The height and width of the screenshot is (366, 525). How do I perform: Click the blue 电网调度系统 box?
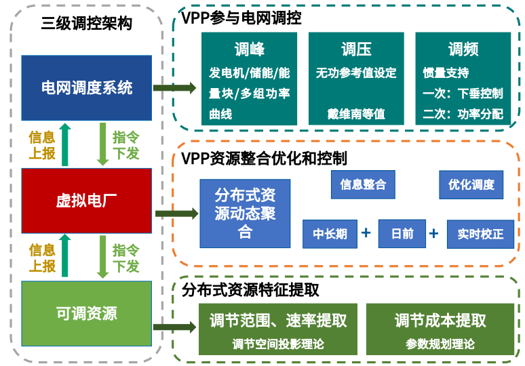[x=86, y=87]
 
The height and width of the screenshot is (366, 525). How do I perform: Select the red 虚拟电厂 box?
[x=86, y=201]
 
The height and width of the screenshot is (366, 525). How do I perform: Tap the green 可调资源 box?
[x=86, y=314]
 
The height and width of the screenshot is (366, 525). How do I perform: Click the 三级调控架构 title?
[x=86, y=24]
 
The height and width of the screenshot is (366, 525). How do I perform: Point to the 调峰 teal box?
[x=249, y=79]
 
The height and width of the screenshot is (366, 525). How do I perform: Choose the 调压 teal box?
[x=356, y=79]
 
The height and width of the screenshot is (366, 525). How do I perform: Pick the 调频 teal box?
[x=463, y=79]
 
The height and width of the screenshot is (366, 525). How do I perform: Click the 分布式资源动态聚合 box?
[x=245, y=213]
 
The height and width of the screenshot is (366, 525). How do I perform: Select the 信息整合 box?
[x=363, y=184]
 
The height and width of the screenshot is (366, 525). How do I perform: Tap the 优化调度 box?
[x=471, y=184]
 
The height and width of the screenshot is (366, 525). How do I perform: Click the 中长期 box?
[x=330, y=234]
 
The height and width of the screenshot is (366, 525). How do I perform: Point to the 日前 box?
[x=402, y=234]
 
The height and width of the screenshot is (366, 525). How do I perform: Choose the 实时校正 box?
[x=480, y=235]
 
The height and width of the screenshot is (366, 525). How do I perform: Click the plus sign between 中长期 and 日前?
[x=366, y=232]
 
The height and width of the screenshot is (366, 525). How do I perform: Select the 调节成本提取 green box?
[x=440, y=329]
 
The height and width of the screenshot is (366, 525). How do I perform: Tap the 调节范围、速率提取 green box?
[x=278, y=329]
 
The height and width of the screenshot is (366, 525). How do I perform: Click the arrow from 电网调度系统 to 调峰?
[x=174, y=88]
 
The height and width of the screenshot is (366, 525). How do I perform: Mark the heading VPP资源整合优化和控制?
[x=264, y=159]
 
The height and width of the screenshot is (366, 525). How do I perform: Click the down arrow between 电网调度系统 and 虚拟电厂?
[x=103, y=144]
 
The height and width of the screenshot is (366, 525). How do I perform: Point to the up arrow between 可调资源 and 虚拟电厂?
[x=65, y=256]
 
